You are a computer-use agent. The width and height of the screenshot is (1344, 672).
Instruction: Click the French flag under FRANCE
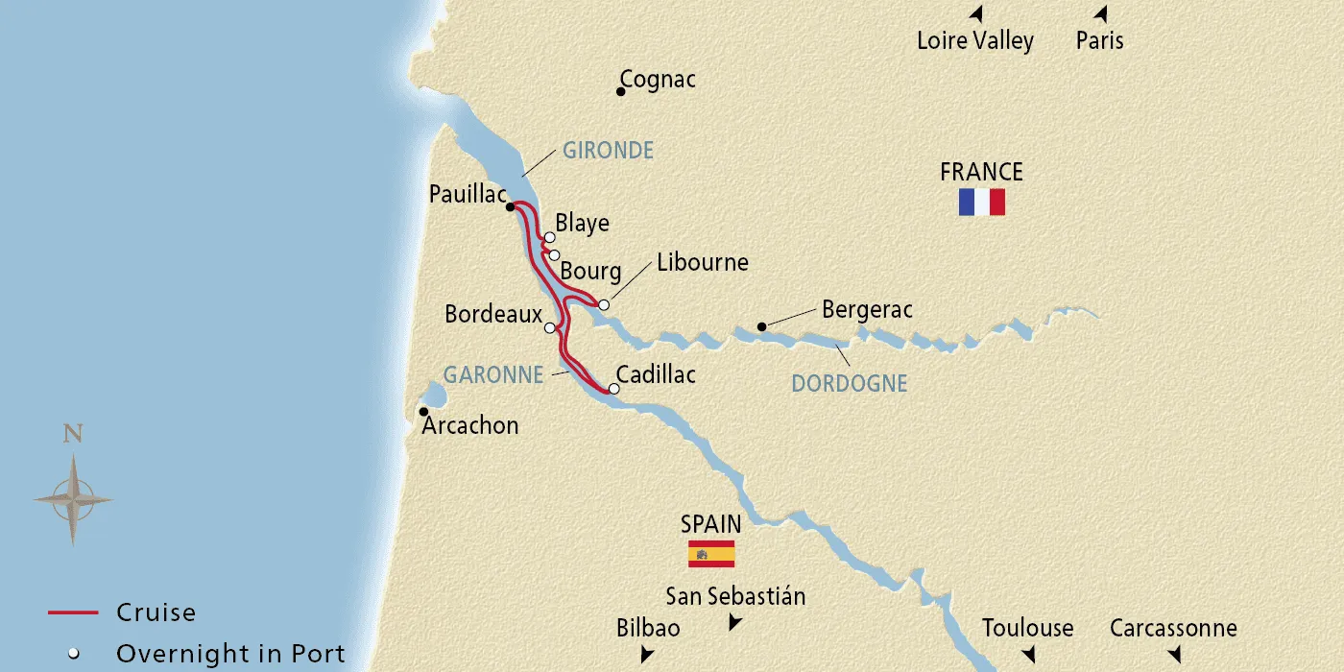point(981,202)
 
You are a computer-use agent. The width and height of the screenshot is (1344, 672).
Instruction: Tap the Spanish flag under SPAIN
point(711,554)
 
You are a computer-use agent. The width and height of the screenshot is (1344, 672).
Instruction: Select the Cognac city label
point(658,80)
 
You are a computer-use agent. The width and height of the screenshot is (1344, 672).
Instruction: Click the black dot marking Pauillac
point(511,206)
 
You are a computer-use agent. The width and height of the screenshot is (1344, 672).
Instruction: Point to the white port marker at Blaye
point(549,237)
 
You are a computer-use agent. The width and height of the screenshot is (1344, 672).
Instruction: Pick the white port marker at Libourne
point(604,305)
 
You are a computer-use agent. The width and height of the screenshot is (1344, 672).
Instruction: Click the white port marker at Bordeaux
point(550,327)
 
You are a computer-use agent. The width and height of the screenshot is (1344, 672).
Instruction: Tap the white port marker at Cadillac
point(614,390)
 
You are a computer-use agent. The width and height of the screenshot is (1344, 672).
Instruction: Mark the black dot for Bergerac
point(761,326)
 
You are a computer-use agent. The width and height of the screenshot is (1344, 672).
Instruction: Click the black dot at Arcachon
point(423,412)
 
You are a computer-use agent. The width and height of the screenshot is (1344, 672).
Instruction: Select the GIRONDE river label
point(608,151)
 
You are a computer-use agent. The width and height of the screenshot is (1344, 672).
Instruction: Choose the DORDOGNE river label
point(849,384)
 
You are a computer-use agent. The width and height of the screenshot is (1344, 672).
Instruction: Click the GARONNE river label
point(493,374)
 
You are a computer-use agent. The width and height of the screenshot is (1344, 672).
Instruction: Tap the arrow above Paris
point(1101,14)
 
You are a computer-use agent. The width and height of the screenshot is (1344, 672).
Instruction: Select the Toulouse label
point(1027,629)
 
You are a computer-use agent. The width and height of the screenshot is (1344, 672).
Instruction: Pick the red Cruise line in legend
point(73,612)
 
